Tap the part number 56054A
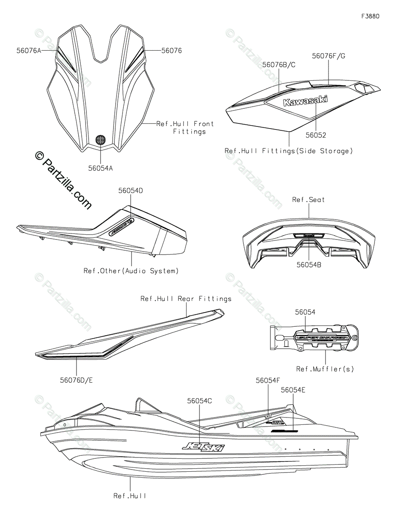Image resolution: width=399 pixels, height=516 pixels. tap(100, 169)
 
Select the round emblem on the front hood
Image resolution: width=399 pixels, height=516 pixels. tap(100, 139)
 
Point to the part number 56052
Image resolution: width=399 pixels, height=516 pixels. tap(316, 135)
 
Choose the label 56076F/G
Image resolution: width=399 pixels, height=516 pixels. tap(328, 55)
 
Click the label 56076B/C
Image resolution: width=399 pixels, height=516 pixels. tap(279, 64)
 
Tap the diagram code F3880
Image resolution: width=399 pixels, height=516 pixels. tap(370, 16)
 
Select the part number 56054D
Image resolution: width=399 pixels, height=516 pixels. tap(131, 190)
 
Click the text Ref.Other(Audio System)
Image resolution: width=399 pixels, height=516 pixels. tap(131, 271)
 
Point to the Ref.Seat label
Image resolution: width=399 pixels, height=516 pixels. tap(308, 200)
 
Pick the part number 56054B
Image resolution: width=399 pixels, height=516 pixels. tap(308, 265)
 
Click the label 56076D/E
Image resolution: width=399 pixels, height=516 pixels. tap(77, 380)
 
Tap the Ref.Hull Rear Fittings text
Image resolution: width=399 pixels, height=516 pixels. tap(186, 298)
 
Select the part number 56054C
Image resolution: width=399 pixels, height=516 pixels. tap(199, 400)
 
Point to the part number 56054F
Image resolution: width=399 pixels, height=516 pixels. tap(268, 380)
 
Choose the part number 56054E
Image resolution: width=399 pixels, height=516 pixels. tap(293, 390)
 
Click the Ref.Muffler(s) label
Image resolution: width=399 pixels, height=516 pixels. tap(325, 369)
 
